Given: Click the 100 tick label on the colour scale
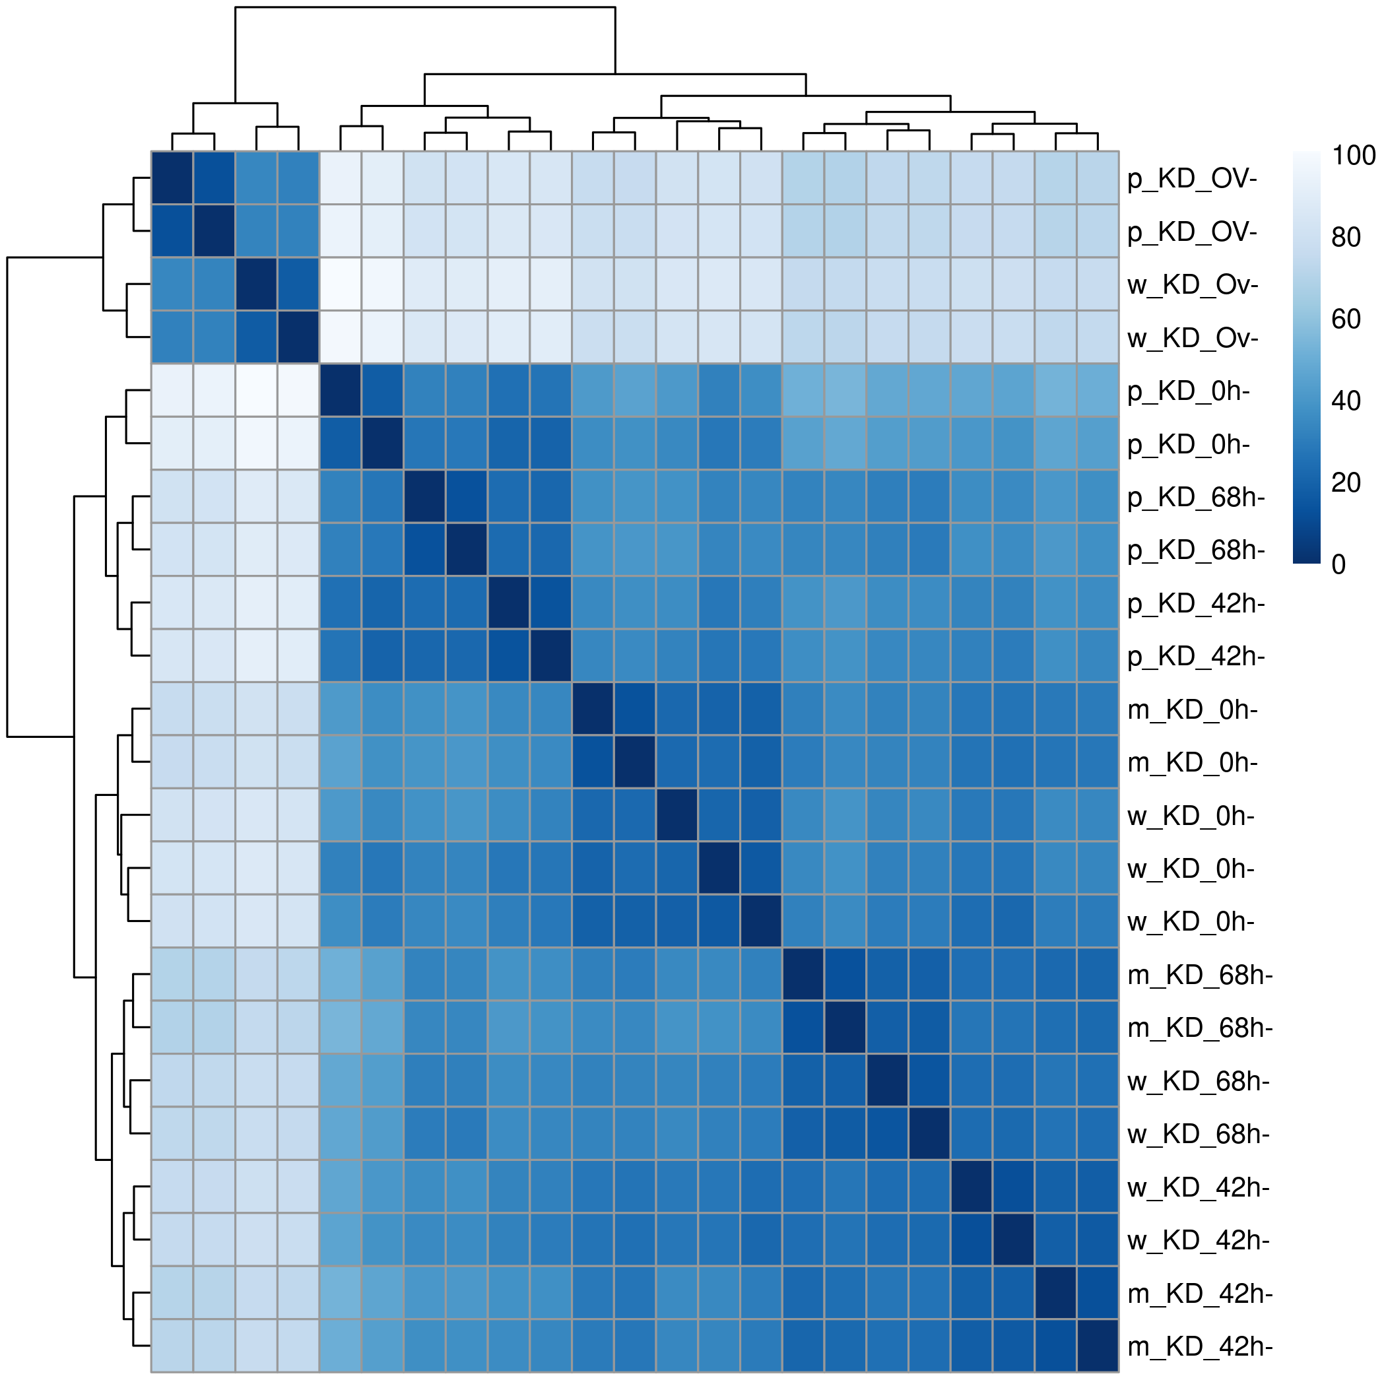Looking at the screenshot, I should [1353, 156].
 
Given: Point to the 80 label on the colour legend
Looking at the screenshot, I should [1346, 238].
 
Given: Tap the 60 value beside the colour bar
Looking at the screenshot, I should [1346, 319].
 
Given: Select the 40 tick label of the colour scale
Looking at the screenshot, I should [1346, 401].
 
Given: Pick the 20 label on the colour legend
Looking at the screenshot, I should [1346, 483].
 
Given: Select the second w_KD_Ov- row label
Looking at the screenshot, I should [1193, 338].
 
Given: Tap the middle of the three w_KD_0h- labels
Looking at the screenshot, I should [1191, 869].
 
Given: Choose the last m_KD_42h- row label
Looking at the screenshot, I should [1199, 1347].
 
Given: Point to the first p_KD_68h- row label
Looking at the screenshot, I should [1196, 497].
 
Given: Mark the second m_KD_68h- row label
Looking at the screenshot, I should [1199, 1028].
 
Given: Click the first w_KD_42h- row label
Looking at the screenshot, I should [1198, 1188].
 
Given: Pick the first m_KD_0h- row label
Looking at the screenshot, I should [1193, 709].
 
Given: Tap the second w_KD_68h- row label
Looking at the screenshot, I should [1198, 1134].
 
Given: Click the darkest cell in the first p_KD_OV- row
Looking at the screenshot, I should [172, 178].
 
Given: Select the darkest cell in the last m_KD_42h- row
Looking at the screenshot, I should [1098, 1346].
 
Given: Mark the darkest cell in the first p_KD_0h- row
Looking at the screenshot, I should [341, 391].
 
